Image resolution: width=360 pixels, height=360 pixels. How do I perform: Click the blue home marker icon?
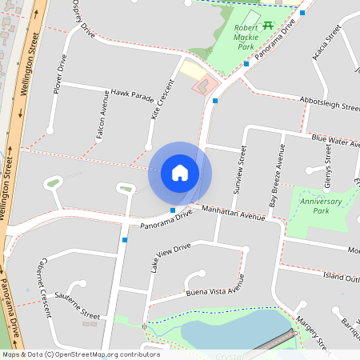[x=180, y=173]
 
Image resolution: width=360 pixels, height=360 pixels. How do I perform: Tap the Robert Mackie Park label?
[x=246, y=37]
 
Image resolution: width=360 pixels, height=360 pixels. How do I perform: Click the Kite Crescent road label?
[x=162, y=101]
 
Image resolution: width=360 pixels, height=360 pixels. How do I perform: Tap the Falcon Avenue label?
[x=102, y=116]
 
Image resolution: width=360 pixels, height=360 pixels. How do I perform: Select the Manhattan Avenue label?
[x=233, y=213]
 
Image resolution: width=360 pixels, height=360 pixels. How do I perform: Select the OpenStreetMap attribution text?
[x=80, y=354]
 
